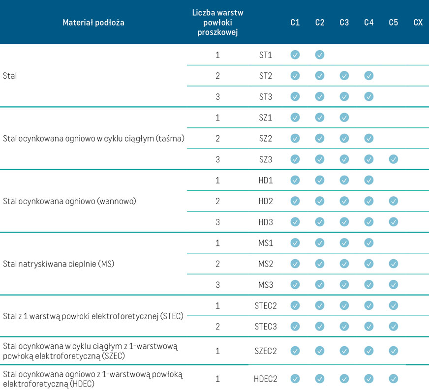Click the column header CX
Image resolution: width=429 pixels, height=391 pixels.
(418, 23)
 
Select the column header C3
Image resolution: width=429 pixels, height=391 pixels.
(344, 23)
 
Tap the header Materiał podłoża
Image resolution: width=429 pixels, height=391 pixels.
(93, 23)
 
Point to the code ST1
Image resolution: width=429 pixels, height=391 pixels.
(266, 55)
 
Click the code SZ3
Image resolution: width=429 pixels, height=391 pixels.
(266, 159)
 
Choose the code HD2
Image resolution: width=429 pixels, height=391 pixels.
(266, 201)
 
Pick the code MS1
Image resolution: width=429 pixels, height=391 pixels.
(266, 243)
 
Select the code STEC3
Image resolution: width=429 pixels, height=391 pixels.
(266, 326)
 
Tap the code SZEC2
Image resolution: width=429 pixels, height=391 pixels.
(266, 351)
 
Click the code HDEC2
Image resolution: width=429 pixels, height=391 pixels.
(266, 379)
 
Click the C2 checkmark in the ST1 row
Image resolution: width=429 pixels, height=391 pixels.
(320, 55)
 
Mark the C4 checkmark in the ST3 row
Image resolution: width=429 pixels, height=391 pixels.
(368, 96)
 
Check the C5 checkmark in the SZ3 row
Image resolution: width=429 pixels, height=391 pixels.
(393, 159)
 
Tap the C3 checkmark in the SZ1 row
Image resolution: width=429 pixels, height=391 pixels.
(344, 118)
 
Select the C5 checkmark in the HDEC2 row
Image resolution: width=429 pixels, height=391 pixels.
(393, 379)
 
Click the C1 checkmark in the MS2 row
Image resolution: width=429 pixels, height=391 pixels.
(295, 264)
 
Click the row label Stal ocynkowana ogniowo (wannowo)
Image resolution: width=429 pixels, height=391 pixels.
(69, 201)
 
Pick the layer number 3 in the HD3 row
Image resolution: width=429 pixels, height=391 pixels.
(217, 222)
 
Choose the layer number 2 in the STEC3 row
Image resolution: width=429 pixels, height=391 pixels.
(217, 326)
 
